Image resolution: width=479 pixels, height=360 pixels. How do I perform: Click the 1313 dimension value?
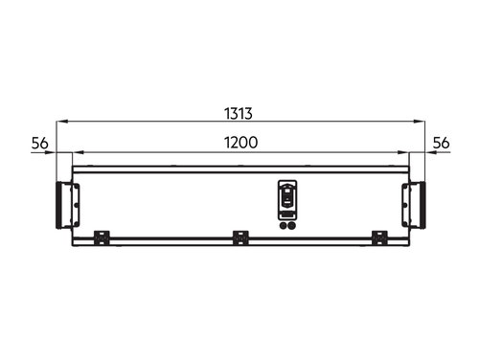click(x=239, y=114)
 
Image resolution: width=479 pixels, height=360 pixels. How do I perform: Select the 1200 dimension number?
click(x=240, y=143)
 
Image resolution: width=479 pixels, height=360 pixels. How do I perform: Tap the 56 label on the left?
click(x=39, y=144)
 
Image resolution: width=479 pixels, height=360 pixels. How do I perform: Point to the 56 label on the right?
click(x=441, y=143)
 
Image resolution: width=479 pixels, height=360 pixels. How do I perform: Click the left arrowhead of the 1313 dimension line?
click(x=62, y=122)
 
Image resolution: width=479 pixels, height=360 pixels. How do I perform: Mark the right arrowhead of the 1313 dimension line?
click(x=419, y=122)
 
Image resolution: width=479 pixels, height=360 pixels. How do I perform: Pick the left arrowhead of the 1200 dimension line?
click(x=79, y=152)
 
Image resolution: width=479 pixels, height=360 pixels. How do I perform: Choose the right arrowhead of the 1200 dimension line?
click(x=403, y=152)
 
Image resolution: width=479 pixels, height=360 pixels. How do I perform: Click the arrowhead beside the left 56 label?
click(x=51, y=152)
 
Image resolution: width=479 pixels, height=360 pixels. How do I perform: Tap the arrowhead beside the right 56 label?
click(x=431, y=152)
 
